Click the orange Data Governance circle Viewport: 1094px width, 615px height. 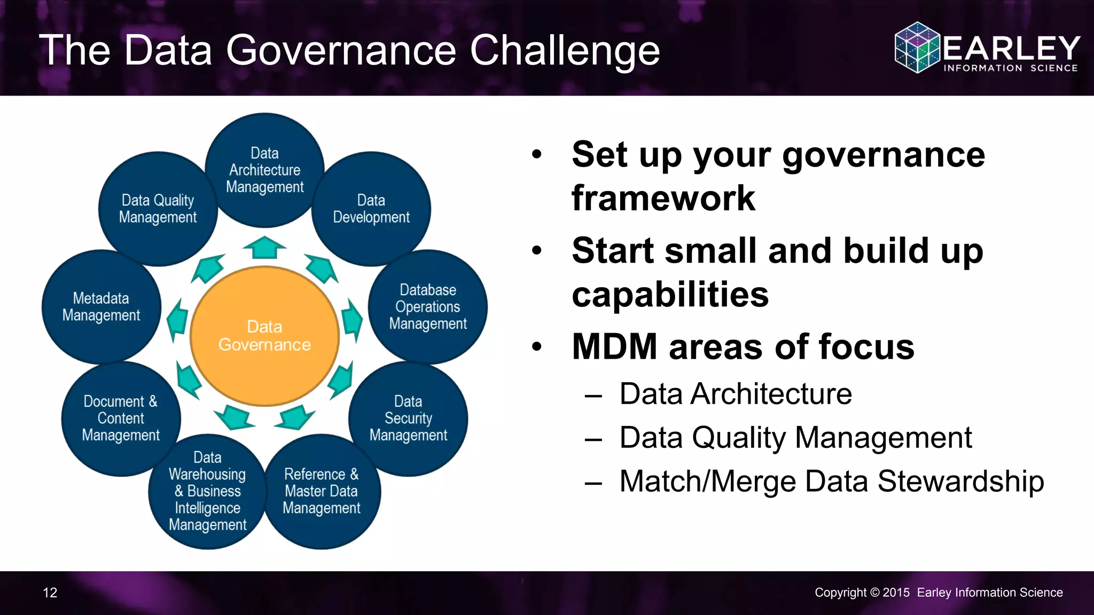pos(264,336)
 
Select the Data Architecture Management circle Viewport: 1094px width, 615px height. pos(264,170)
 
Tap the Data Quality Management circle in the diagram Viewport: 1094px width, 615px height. pos(158,209)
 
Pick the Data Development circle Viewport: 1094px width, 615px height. pos(371,209)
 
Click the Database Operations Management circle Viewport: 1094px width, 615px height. pos(428,307)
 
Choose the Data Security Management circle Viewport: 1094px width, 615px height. pos(408,419)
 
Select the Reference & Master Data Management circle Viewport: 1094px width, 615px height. pos(322,491)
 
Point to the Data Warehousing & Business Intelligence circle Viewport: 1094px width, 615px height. pos(207,491)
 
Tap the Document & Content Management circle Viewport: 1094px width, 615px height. pos(121,419)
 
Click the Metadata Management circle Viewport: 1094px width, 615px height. pos(101,307)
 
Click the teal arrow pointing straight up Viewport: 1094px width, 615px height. pos(264,247)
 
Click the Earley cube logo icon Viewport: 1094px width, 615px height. pos(917,48)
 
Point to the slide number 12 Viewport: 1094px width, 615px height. pos(50,593)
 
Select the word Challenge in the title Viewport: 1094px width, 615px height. pos(565,51)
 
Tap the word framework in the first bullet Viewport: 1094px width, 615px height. pos(663,198)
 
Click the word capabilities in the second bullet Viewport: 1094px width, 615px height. pos(670,294)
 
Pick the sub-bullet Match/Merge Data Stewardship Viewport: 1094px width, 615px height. pos(831,481)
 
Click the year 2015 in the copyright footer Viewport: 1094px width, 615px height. pos(896,593)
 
